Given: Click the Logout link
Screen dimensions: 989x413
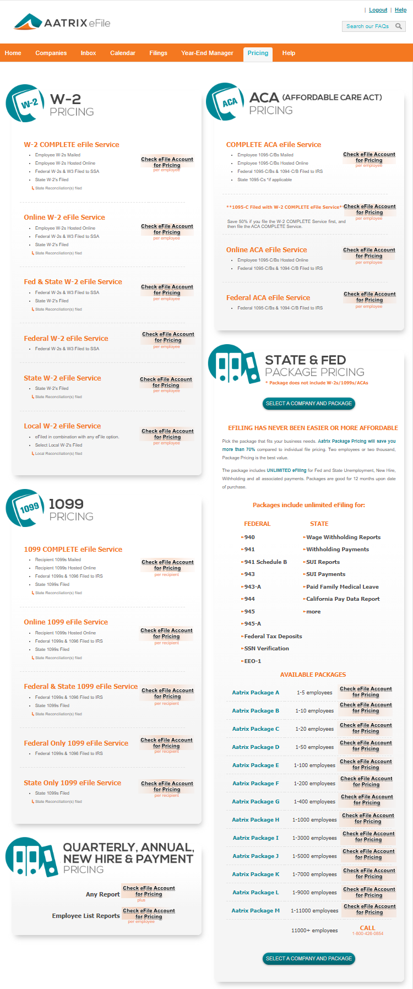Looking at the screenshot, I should coord(378,10).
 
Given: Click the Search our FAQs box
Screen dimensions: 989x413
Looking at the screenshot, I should coord(368,26).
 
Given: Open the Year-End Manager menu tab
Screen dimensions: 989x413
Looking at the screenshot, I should coord(207,53).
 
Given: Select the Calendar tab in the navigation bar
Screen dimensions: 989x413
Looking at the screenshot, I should coord(122,53).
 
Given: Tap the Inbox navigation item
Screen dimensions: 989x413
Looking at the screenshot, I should coord(88,53).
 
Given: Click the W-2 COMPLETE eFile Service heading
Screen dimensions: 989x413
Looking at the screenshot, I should coord(72,145).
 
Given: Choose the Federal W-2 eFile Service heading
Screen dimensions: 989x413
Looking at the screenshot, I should coord(66,339).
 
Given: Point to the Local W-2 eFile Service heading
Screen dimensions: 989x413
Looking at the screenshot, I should coord(62,426).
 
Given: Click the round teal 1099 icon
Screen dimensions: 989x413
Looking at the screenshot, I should coord(25,508).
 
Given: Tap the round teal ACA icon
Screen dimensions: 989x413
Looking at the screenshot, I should coord(225,102).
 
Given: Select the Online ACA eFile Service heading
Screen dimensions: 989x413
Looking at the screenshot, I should coord(267,250).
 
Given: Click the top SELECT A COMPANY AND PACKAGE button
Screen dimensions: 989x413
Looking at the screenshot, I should coord(308,404).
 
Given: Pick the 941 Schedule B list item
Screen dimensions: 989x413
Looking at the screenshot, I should coord(265,562).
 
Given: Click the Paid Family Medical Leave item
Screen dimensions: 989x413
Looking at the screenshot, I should coord(342,587).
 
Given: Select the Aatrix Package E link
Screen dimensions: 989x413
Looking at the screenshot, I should coord(256,765).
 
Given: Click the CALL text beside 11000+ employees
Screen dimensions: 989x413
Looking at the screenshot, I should coord(367,928).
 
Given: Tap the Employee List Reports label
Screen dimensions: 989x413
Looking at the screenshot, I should coord(86,916).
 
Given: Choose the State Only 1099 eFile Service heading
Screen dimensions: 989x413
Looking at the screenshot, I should coord(72,783).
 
